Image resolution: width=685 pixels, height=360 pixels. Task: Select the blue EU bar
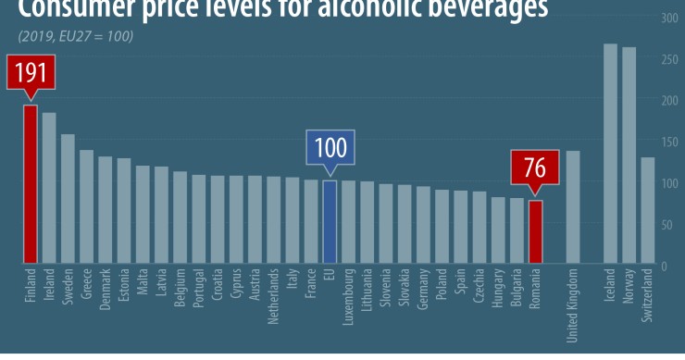330,222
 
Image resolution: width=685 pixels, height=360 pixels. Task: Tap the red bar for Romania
535,231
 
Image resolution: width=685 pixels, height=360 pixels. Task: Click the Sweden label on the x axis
68,287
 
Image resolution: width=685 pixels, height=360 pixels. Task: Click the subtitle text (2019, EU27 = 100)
74,36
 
